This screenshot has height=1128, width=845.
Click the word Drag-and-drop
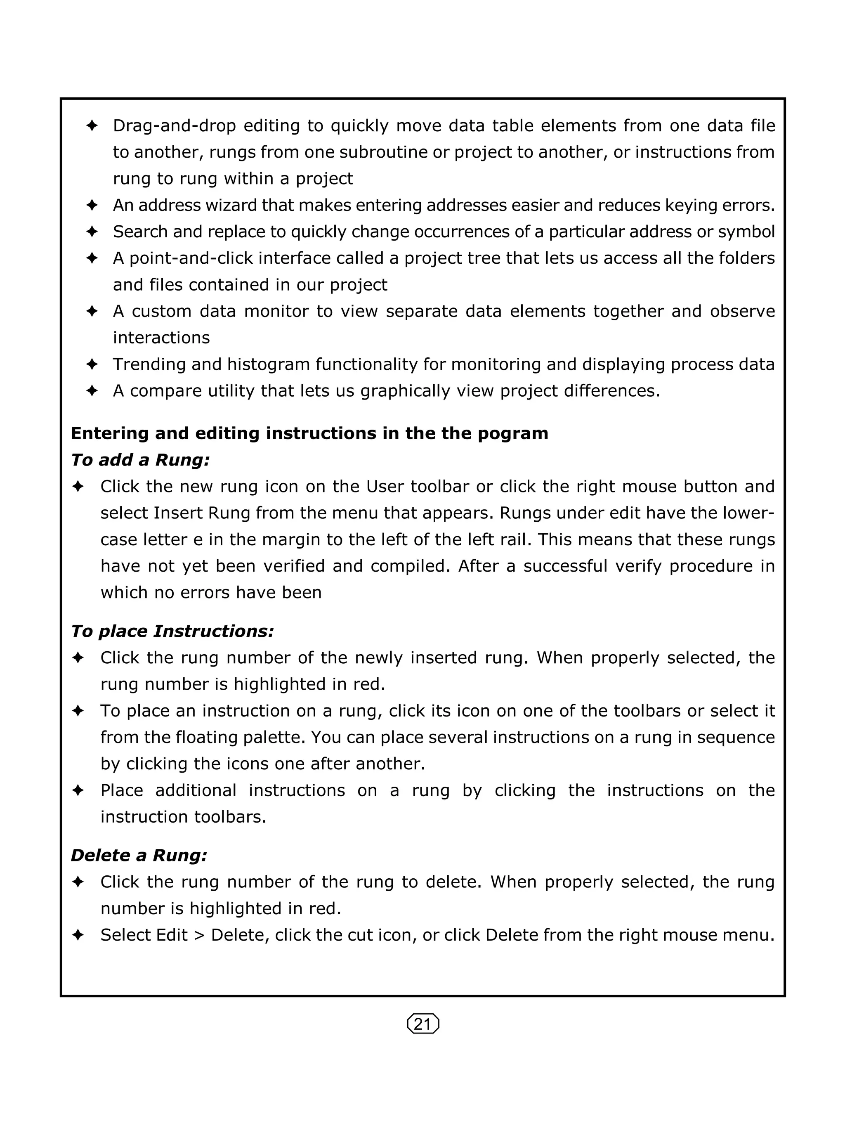[174, 126]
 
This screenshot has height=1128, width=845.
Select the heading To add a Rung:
[140, 460]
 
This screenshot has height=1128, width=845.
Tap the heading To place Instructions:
[172, 631]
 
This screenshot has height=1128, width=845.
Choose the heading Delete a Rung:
[139, 855]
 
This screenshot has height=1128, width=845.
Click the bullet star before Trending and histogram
[92, 364]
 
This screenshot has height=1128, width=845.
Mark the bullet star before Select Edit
[78, 935]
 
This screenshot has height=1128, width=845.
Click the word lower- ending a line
[749, 513]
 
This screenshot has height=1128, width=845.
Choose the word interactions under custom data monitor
[161, 338]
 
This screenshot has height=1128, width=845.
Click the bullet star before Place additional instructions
[78, 790]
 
